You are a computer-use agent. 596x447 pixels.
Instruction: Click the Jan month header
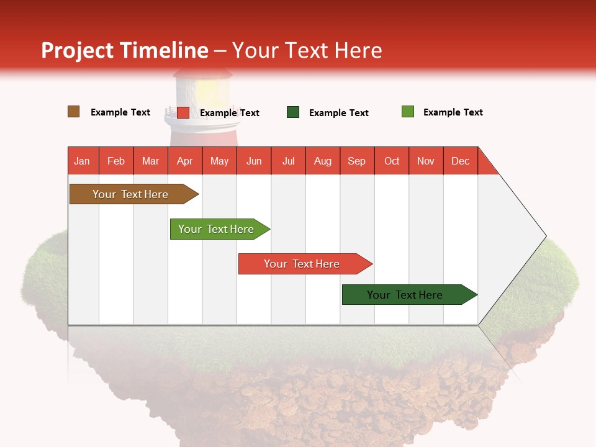click(x=83, y=161)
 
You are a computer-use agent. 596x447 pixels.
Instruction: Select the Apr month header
click(x=185, y=161)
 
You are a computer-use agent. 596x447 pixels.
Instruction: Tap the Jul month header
click(x=288, y=161)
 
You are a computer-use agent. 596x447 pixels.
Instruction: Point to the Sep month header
click(x=356, y=161)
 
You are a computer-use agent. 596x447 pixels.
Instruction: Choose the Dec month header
click(x=460, y=161)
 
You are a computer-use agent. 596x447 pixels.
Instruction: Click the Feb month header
click(x=116, y=161)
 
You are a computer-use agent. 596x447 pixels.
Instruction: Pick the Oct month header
click(x=392, y=161)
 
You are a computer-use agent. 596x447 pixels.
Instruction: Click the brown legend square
click(x=74, y=112)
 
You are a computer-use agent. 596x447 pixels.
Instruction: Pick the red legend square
click(x=183, y=112)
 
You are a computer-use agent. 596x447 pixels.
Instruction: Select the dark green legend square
click(x=293, y=112)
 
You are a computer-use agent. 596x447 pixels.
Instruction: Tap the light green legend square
click(x=408, y=112)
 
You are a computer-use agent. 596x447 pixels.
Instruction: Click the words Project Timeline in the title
click(x=125, y=50)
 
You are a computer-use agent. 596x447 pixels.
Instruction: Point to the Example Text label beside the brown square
click(x=120, y=112)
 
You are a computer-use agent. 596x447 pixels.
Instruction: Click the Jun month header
click(x=254, y=161)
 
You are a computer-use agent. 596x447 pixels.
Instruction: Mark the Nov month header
click(x=426, y=161)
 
